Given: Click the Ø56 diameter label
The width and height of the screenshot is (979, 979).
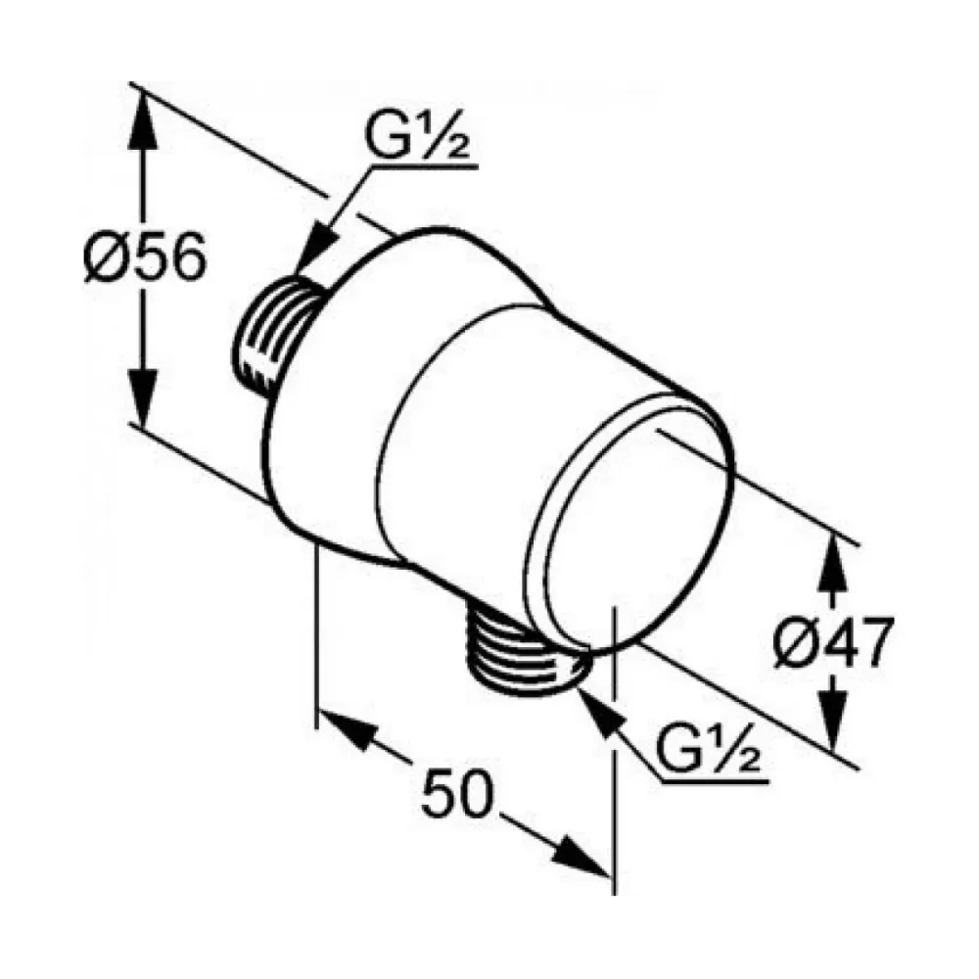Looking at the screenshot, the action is click(x=145, y=256).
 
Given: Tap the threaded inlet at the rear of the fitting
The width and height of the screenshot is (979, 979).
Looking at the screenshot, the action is click(x=275, y=337).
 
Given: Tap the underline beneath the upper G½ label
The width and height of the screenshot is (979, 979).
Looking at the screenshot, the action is click(x=425, y=166).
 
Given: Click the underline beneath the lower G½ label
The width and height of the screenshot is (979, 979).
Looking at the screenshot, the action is click(x=715, y=780).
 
